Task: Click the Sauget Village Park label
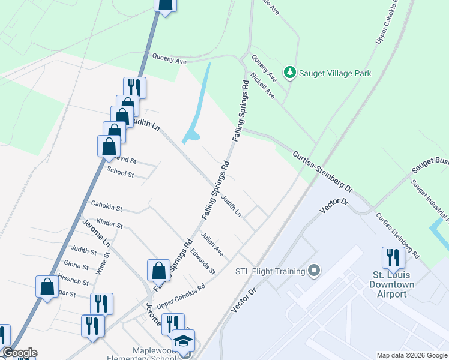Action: [x=336, y=73]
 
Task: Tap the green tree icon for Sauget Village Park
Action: [x=290, y=73]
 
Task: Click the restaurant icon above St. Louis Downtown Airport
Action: [x=393, y=257]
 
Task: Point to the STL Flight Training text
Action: [x=270, y=271]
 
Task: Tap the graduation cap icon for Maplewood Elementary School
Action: [x=183, y=341]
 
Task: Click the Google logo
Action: [x=19, y=353]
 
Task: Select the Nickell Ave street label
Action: [x=263, y=86]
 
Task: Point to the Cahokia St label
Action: [x=106, y=208]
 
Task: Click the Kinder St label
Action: [x=109, y=224]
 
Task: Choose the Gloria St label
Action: [x=76, y=265]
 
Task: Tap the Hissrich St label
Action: [x=73, y=280]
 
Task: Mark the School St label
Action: [x=120, y=173]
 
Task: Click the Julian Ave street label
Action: [x=212, y=245]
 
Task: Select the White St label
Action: [x=106, y=263]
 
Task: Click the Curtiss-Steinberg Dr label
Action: [x=322, y=171]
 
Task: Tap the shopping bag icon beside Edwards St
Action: [x=159, y=271]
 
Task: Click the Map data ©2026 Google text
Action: [x=412, y=355]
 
